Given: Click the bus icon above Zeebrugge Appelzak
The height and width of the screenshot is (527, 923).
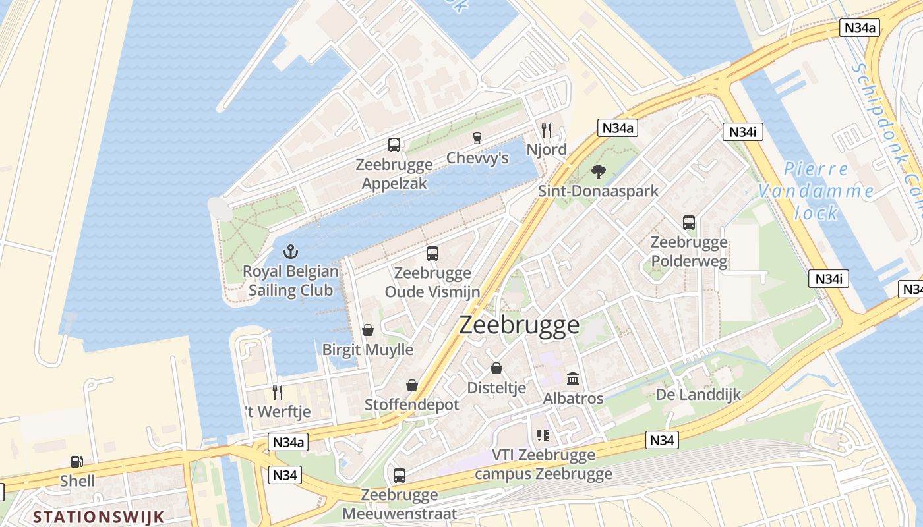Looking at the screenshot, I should (394, 145).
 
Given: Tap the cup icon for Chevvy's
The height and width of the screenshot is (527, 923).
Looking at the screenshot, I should (477, 138).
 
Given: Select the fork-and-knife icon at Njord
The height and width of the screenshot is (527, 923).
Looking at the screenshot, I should (546, 130).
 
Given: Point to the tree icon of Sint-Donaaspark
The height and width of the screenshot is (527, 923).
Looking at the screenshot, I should (598, 172).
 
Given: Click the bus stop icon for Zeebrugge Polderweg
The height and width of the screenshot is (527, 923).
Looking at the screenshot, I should (689, 223).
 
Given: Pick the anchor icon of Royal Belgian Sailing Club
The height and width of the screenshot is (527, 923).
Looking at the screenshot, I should (290, 252).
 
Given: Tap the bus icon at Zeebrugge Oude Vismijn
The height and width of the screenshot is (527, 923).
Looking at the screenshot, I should (432, 253).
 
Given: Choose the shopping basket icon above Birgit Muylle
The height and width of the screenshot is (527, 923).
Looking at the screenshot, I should (368, 330).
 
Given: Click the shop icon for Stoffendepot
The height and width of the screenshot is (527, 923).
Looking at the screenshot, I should (412, 385).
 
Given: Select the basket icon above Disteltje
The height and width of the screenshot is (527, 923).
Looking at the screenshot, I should (496, 369).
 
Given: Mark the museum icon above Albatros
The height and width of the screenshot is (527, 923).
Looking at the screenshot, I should (573, 379).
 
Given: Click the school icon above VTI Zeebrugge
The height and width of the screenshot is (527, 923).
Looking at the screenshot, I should (543, 435).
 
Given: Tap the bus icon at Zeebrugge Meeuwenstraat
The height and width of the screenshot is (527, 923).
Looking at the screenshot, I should (399, 475).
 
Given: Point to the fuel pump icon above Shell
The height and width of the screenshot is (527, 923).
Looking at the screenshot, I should (77, 462).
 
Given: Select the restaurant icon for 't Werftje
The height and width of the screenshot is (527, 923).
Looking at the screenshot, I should (278, 393).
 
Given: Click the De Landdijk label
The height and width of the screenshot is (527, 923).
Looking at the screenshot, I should (698, 395).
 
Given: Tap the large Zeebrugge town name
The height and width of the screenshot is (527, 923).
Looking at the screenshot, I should (519, 325).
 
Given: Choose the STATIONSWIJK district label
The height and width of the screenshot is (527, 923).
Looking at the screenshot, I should (98, 516).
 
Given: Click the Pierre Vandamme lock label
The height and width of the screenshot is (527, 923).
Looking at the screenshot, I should (816, 191).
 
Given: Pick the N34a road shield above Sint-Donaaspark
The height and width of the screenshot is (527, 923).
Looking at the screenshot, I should (618, 128).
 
